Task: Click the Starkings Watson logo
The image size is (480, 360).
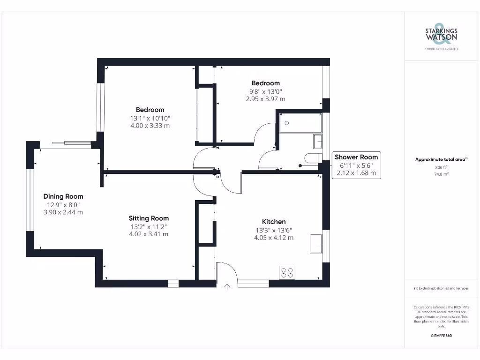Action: click(441, 35)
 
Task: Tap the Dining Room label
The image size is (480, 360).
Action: click(63, 196)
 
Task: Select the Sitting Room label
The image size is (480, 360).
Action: click(149, 218)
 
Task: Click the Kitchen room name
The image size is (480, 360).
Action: click(274, 222)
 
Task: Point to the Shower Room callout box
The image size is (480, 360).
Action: click(356, 165)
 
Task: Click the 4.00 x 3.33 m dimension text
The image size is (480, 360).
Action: click(150, 126)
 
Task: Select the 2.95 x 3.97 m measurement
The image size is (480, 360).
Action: click(265, 99)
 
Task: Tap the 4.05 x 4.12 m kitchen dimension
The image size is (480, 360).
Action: click(274, 238)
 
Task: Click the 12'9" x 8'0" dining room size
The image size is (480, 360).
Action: click(63, 204)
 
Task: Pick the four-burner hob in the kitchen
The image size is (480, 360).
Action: click(287, 272)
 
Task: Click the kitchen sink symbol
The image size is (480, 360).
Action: click(316, 244)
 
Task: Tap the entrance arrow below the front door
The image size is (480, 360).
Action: click(228, 287)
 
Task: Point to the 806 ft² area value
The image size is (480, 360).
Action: click(441, 167)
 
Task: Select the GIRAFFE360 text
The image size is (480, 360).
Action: click(441, 336)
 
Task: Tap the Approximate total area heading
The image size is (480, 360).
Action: click(441, 159)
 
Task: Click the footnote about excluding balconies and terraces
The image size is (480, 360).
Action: click(441, 288)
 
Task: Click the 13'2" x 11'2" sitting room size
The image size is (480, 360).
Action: click(149, 226)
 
